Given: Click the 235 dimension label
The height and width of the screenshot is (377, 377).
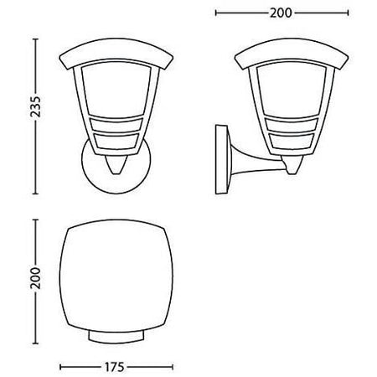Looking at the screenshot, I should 11,109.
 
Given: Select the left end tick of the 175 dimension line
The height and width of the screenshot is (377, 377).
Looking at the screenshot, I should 61,366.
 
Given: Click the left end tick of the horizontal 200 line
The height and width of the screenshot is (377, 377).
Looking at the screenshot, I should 217,13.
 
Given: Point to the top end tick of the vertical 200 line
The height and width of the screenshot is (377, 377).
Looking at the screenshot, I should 34,222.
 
